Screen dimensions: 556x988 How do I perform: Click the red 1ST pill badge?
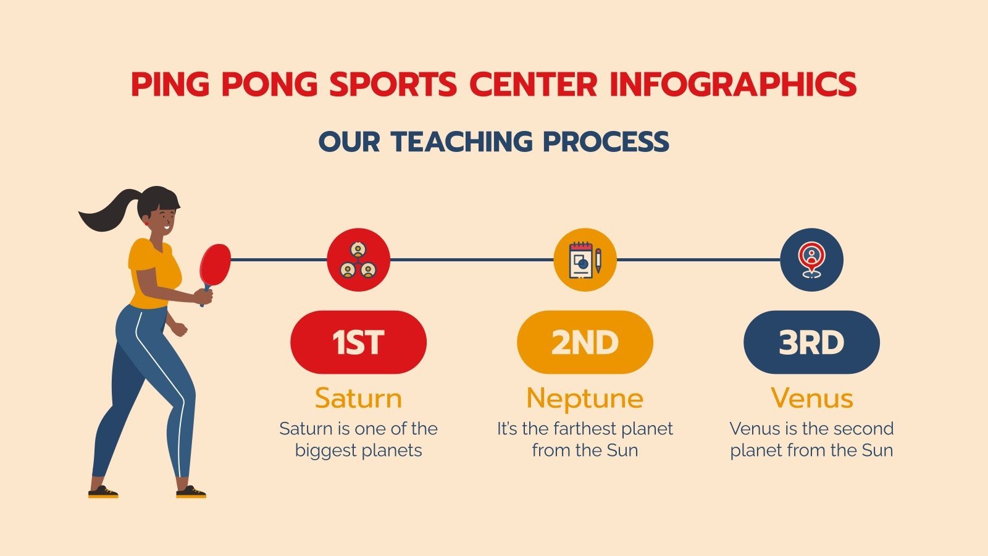pyautogui.click(x=358, y=342)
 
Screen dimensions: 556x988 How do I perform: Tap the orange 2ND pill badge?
pyautogui.click(x=585, y=342)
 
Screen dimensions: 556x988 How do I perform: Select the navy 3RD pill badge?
pyautogui.click(x=811, y=342)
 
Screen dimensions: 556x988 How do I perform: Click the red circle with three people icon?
pyautogui.click(x=358, y=259)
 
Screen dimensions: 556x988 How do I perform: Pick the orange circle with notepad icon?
pyautogui.click(x=585, y=259)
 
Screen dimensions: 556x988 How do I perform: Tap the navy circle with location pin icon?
pyautogui.click(x=811, y=259)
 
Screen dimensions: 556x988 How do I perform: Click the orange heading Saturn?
pyautogui.click(x=358, y=398)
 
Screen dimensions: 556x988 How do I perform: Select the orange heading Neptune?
pyautogui.click(x=585, y=399)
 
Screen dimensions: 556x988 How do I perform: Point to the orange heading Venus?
pyautogui.click(x=811, y=398)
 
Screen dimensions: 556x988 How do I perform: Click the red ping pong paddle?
pyautogui.click(x=215, y=262)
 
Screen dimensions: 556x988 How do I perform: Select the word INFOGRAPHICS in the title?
pyautogui.click(x=733, y=85)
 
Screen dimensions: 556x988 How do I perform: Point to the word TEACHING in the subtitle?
pyautogui.click(x=461, y=141)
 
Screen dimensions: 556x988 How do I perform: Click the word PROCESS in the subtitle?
pyautogui.click(x=606, y=141)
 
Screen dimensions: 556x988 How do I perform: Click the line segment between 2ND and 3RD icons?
pyautogui.click(x=698, y=260)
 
